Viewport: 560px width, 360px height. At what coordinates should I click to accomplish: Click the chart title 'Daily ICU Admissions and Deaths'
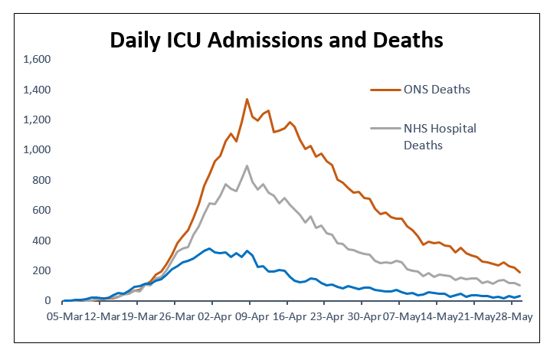(x=277, y=40)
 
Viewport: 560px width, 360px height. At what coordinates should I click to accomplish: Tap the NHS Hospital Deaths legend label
(x=440, y=137)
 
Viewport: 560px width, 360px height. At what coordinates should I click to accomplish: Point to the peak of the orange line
(x=247, y=100)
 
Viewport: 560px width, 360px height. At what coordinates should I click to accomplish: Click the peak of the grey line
(x=247, y=165)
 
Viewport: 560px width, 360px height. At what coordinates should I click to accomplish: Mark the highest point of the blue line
(x=210, y=248)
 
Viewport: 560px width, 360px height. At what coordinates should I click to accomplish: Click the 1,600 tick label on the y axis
(x=37, y=59)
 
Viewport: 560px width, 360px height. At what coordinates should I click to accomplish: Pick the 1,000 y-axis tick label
(x=37, y=149)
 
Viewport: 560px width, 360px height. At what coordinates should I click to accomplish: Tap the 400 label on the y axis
(x=41, y=241)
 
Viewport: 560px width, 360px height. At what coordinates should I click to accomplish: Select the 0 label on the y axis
(x=47, y=301)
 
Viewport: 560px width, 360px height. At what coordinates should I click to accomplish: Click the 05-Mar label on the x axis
(x=64, y=317)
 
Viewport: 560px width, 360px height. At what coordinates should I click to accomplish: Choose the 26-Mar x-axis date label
(x=177, y=317)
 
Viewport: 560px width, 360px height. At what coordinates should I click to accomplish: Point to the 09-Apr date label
(x=252, y=317)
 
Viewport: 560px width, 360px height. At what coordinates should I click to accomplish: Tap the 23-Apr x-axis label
(x=327, y=317)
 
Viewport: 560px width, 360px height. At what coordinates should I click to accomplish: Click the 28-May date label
(x=514, y=317)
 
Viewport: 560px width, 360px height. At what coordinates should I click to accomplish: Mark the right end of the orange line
(x=520, y=273)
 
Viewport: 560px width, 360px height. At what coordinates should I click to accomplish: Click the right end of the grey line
(x=520, y=286)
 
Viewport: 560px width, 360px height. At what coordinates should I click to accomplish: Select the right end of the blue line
(x=520, y=296)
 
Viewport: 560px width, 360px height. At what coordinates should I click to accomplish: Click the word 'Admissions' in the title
(x=266, y=40)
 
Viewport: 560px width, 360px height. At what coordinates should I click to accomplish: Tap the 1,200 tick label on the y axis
(x=37, y=119)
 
